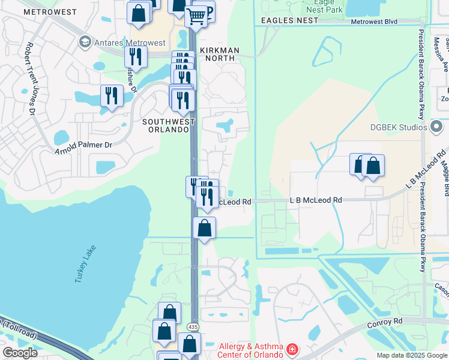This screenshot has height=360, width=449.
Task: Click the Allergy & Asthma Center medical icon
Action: point(292,349)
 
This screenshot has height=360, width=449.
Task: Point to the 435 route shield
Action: point(192,326)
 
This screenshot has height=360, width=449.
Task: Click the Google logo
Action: point(20,353)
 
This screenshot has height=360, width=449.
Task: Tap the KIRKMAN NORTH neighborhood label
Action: point(219,54)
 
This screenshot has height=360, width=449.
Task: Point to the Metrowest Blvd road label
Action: point(374,22)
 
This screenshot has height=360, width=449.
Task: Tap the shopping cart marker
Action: point(196,16)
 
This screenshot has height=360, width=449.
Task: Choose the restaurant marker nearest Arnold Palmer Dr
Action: point(112,95)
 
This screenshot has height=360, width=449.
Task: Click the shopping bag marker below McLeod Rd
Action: point(205,228)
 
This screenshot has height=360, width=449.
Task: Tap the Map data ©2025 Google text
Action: point(411,355)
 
